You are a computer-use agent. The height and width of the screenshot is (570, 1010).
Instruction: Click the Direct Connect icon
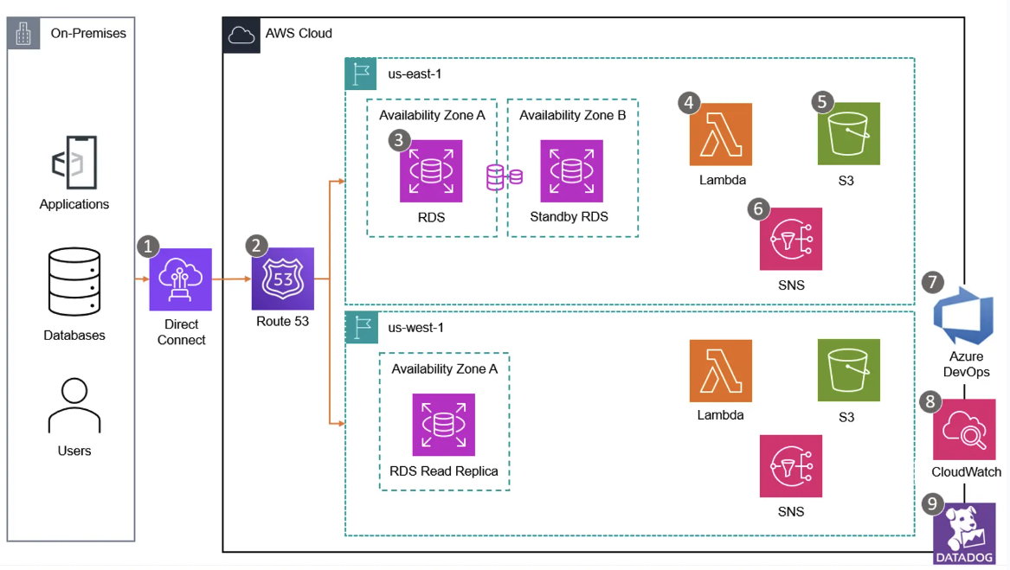(x=180, y=279)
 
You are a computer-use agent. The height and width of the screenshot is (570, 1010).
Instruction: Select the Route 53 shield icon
(x=283, y=279)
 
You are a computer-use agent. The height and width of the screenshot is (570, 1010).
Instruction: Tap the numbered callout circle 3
(x=399, y=140)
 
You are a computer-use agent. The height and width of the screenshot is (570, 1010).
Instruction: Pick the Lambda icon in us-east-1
(x=721, y=134)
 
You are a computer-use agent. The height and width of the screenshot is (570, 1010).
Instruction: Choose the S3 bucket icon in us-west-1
(x=848, y=370)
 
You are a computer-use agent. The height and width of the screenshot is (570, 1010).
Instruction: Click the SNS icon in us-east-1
(x=790, y=239)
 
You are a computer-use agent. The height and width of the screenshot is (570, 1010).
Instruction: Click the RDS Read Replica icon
(x=444, y=425)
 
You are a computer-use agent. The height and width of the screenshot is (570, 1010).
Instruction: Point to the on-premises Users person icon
(x=74, y=407)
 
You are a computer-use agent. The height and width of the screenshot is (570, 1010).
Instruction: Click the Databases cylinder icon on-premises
(x=74, y=282)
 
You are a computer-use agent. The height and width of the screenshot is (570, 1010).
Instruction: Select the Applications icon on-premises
(x=74, y=162)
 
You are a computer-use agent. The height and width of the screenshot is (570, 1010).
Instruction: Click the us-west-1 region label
(x=415, y=327)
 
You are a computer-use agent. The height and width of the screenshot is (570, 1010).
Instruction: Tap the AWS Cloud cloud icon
(x=241, y=35)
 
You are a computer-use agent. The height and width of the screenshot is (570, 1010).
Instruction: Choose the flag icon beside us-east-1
(x=361, y=74)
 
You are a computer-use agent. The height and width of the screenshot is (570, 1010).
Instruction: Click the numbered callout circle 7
(x=932, y=282)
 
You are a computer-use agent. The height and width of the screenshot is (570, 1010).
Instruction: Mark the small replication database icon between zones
(x=504, y=177)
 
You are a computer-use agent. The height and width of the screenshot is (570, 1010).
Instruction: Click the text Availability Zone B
(x=572, y=115)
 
